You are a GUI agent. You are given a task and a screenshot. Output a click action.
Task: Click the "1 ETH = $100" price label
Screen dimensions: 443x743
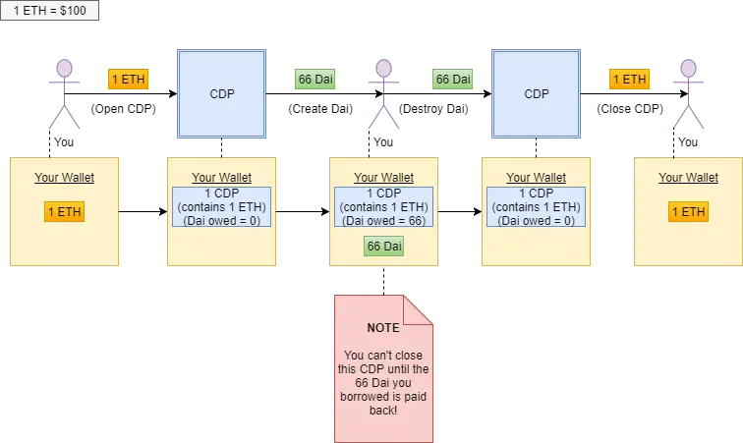pyautogui.click(x=49, y=9)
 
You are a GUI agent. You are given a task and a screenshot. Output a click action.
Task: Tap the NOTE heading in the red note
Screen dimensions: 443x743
pyautogui.click(x=383, y=327)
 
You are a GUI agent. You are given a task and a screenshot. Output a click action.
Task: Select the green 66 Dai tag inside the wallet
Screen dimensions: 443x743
pyautogui.click(x=384, y=246)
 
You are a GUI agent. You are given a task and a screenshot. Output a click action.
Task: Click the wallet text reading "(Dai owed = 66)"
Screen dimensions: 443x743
pyautogui.click(x=383, y=221)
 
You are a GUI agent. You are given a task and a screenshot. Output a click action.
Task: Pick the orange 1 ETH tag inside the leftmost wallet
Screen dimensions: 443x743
pyautogui.click(x=64, y=211)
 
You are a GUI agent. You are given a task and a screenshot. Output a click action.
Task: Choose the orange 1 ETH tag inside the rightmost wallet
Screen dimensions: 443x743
pyautogui.click(x=688, y=211)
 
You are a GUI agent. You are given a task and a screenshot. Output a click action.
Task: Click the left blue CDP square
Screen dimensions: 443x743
pyautogui.click(x=221, y=94)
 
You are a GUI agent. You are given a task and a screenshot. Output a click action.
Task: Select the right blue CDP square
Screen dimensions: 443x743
pyautogui.click(x=537, y=94)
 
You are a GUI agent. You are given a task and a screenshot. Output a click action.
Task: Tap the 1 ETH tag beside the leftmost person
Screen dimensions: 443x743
pyautogui.click(x=127, y=79)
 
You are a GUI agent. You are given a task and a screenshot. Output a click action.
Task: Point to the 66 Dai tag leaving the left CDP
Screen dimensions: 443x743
pyautogui.click(x=315, y=79)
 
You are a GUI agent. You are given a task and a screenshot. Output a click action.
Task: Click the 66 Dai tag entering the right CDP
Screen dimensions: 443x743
pyautogui.click(x=453, y=79)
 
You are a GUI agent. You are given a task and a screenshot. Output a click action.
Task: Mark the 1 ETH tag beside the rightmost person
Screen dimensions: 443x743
pyautogui.click(x=629, y=79)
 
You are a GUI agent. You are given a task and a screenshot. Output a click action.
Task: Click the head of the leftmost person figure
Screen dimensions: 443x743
pyautogui.click(x=64, y=68)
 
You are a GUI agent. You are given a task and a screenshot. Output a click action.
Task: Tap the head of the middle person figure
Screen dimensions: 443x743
pyautogui.click(x=383, y=68)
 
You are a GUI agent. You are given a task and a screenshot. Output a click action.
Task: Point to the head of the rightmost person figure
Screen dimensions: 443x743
pyautogui.click(x=688, y=68)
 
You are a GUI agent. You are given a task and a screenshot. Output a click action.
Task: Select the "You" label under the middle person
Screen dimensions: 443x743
pyautogui.click(x=381, y=142)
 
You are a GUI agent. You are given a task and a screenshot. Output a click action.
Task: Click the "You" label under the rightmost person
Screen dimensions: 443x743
pyautogui.click(x=688, y=142)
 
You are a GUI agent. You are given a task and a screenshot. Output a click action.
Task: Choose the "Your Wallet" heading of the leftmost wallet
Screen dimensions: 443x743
pyautogui.click(x=64, y=178)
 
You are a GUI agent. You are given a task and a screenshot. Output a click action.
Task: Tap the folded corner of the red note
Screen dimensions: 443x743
pyautogui.click(x=419, y=309)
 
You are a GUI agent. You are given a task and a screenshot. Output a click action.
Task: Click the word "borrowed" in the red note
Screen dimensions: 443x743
pyautogui.click(x=371, y=395)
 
